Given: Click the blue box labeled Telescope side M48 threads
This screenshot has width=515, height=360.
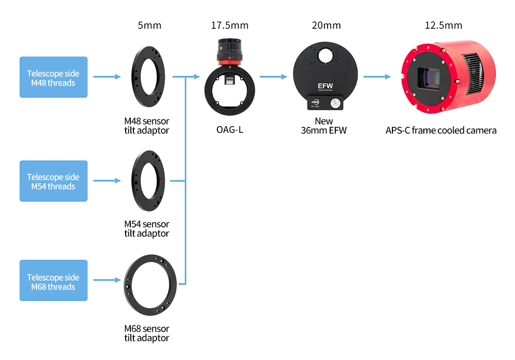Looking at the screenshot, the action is [54, 77].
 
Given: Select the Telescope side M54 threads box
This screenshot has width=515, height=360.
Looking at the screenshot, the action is [54, 181].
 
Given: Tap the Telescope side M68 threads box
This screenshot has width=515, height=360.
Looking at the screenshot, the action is [54, 280].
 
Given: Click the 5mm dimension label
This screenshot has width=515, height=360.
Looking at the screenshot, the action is [149, 25].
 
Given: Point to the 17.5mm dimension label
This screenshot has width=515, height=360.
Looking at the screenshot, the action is [230, 25].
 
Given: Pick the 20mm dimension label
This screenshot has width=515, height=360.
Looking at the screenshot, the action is [326, 25].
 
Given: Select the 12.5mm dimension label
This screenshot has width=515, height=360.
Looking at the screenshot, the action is [443, 25].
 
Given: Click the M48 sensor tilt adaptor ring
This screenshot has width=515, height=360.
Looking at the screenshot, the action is [134, 77].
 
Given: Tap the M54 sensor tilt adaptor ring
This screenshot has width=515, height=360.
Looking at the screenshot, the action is [134, 181].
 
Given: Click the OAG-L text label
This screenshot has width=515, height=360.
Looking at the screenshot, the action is [230, 130].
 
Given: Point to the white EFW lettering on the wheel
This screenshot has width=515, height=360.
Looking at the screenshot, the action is [325, 86].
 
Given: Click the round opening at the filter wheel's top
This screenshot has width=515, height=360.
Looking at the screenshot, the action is [325, 56].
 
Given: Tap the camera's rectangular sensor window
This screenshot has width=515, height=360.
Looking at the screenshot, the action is [428, 79].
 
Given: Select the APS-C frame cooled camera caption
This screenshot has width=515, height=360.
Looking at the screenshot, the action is [441, 130].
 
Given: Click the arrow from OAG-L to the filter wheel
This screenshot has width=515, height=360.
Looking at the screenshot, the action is [273, 77].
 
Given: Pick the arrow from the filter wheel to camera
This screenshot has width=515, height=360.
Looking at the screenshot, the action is [377, 77].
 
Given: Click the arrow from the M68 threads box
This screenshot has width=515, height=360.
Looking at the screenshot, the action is [107, 280].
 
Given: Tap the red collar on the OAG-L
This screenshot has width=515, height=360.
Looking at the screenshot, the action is [230, 63].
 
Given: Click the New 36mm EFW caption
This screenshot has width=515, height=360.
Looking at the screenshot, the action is [324, 126].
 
